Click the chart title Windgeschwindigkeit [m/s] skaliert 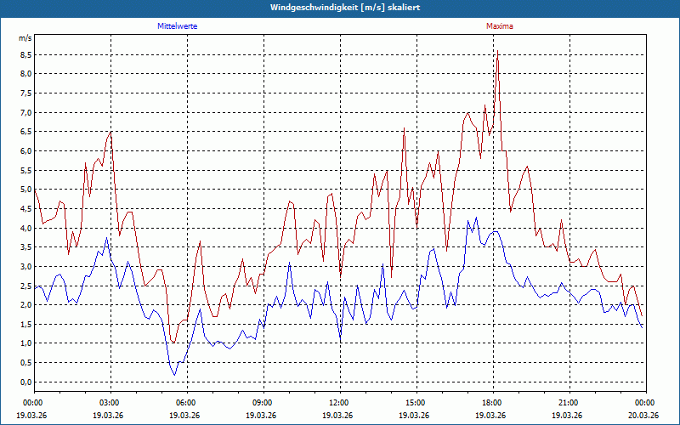(x=340, y=8)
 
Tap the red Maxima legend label (x=499, y=26)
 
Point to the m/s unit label (x=25, y=38)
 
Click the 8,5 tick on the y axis (x=25, y=54)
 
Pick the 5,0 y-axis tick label (x=25, y=190)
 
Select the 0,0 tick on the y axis (x=25, y=382)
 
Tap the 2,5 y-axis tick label (x=25, y=286)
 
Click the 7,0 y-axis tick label (x=25, y=112)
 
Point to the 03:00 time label (x=110, y=403)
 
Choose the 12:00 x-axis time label (x=339, y=403)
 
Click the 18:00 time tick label (x=492, y=403)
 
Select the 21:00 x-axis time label (x=569, y=403)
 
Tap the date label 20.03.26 (x=644, y=415)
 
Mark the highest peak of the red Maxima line (x=497, y=54)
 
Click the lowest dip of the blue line (x=175, y=375)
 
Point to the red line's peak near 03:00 (x=110, y=132)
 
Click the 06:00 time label (x=186, y=403)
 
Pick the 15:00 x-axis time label (x=416, y=403)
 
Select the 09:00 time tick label (x=263, y=403)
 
